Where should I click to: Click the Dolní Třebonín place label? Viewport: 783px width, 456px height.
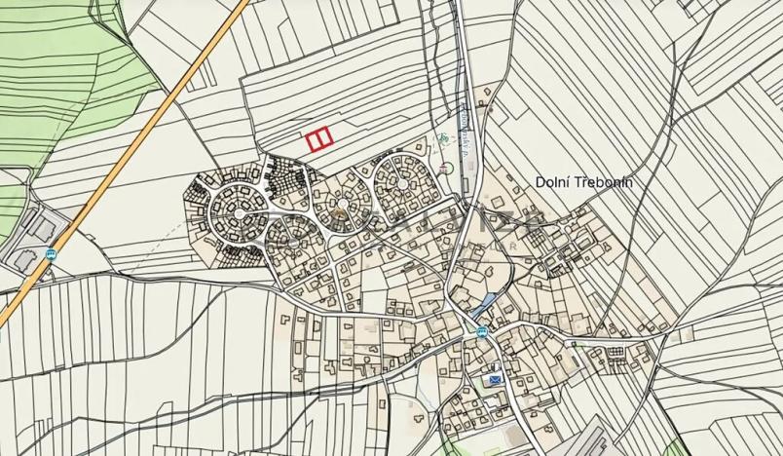(x=584, y=181)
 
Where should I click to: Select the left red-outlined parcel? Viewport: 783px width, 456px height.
(x=315, y=141)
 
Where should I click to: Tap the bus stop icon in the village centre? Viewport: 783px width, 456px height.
(x=480, y=331)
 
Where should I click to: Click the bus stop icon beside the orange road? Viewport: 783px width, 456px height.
(x=51, y=253)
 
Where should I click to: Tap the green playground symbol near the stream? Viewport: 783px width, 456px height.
(x=443, y=139)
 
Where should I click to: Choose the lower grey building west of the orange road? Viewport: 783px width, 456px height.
(x=21, y=259)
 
